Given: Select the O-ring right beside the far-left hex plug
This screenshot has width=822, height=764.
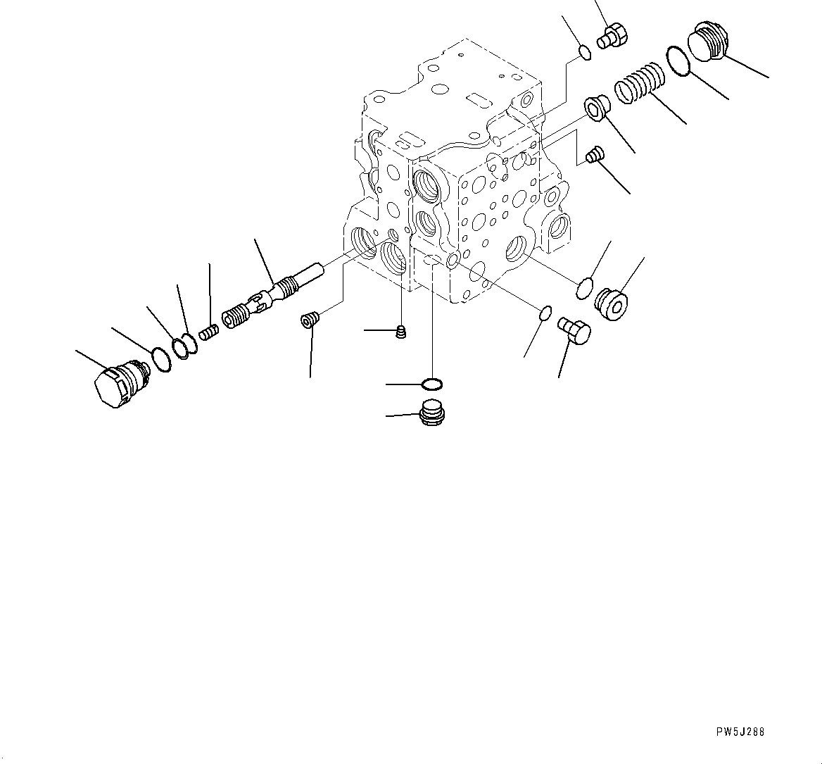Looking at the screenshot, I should [162, 359].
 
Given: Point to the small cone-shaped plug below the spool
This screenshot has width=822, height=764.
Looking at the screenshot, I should [308, 320].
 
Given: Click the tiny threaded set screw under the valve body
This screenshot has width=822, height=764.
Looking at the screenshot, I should [402, 332].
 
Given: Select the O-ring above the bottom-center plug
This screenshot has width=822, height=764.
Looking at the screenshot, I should [431, 384].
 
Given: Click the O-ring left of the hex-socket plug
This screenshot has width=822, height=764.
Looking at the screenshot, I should [584, 287].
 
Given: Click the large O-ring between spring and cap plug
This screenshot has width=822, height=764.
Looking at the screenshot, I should [676, 60].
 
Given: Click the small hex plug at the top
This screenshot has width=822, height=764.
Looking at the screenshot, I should [612, 35].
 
